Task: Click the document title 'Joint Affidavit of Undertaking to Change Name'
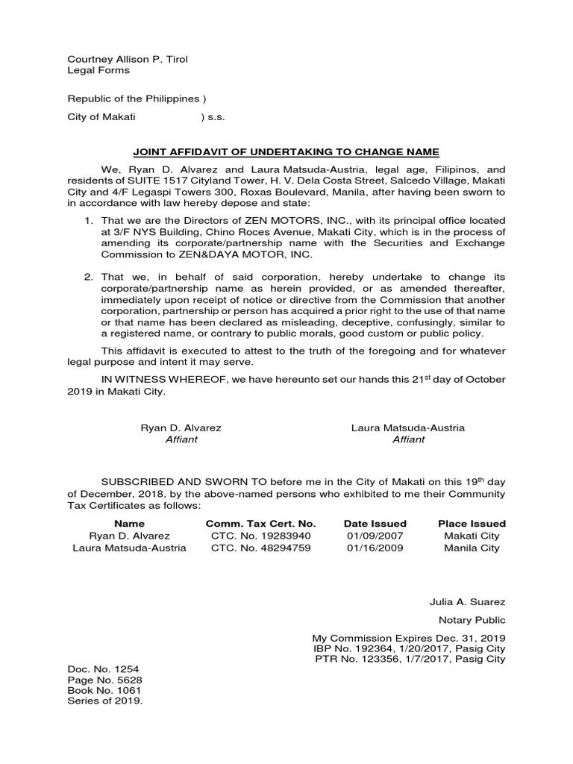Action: click(x=286, y=151)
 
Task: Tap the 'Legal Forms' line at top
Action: click(x=98, y=70)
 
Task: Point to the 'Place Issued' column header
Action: click(x=472, y=524)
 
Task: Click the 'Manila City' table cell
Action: click(x=472, y=548)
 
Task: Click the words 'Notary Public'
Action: click(x=472, y=620)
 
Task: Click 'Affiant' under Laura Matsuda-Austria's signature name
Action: click(x=408, y=439)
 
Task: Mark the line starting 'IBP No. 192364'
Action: click(x=408, y=648)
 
